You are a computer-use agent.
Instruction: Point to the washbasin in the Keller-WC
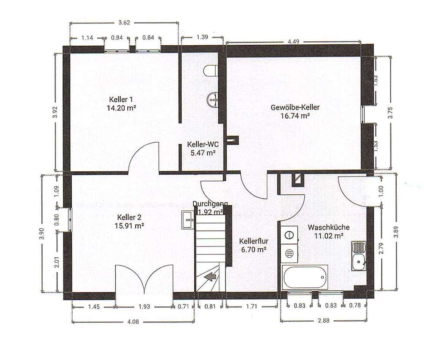[213, 100]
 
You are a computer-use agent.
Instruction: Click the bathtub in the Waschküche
[305, 277]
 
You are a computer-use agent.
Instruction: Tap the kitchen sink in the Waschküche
[359, 257]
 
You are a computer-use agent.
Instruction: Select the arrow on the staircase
[211, 276]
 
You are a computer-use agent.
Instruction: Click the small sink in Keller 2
[188, 220]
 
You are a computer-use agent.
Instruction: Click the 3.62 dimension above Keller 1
[124, 23]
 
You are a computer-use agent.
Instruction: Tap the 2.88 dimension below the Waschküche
[323, 320]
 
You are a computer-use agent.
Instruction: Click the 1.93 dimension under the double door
[144, 307]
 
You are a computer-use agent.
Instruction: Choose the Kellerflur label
[252, 241]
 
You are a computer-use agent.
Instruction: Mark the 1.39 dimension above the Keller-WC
[202, 37]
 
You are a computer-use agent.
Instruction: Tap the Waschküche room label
[329, 227]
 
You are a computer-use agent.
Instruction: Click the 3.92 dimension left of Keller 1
[55, 112]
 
